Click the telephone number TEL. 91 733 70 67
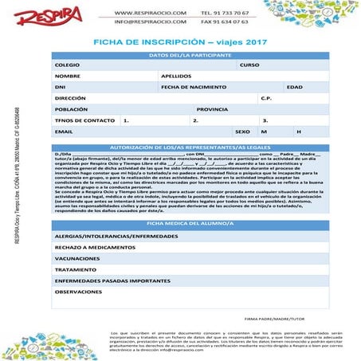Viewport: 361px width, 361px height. pos(226,14)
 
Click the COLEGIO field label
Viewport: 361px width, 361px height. pos(66,65)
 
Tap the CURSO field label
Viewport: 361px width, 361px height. pos(249,65)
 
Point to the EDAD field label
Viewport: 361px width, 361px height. pos(295,87)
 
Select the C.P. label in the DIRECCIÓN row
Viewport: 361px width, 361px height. pos(266,98)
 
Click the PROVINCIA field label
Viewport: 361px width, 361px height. pos(212,109)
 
